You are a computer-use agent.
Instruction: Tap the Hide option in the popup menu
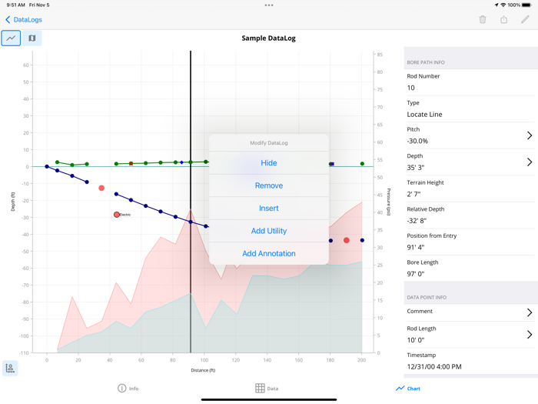tap(268, 163)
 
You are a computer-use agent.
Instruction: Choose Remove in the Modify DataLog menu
tap(268, 185)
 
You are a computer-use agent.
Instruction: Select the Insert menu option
tap(268, 208)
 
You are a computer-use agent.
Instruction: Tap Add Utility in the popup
tap(268, 231)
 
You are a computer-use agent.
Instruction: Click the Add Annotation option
tap(268, 253)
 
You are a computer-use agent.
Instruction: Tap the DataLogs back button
tap(24, 19)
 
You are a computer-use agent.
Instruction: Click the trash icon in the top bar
tap(483, 19)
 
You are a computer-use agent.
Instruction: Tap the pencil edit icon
tap(525, 19)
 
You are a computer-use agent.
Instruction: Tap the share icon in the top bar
tap(503, 19)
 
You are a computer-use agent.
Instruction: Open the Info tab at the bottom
tap(128, 389)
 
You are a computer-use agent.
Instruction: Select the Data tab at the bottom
tap(267, 389)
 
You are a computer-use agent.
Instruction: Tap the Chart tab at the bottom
tap(408, 389)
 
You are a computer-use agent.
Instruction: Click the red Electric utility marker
tap(117, 215)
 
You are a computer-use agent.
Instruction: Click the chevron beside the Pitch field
tap(530, 135)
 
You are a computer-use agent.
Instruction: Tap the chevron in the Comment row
tap(530, 312)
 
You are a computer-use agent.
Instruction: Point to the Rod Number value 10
tap(411, 88)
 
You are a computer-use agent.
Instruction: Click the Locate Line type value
tap(424, 114)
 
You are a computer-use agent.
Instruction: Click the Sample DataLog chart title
tap(268, 38)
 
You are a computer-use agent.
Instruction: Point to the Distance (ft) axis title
tap(203, 371)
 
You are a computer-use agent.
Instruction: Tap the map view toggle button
tap(32, 38)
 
